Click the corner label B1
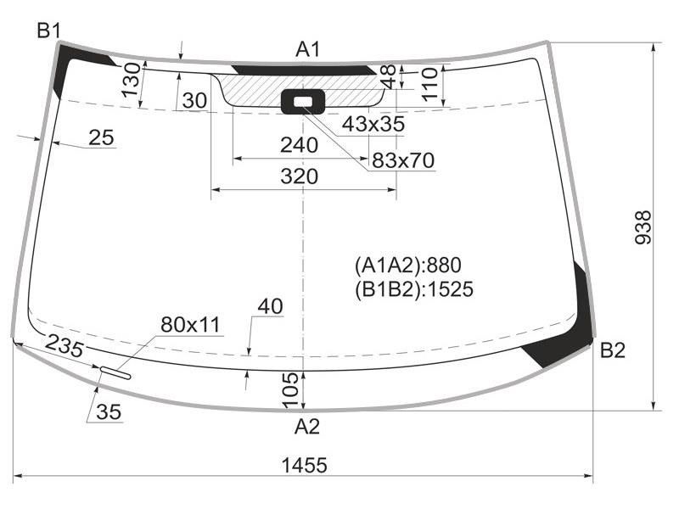(48, 31)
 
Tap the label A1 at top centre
(307, 49)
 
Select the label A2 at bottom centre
(306, 427)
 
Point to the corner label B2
(613, 350)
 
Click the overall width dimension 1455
(304, 465)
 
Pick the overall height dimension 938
(643, 227)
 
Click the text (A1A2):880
(408, 265)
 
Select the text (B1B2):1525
(414, 289)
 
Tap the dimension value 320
(300, 176)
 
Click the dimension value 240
(300, 145)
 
